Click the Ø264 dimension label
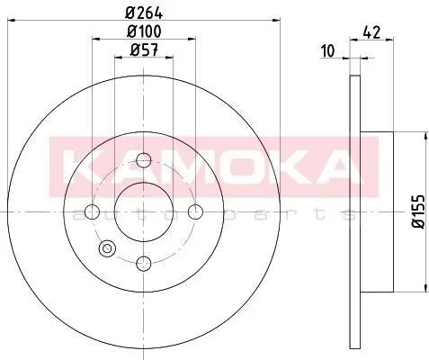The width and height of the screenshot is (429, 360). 144,13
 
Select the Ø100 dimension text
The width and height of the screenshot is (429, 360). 144,31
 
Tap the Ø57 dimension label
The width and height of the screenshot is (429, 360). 144,49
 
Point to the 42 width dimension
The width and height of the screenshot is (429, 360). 371,31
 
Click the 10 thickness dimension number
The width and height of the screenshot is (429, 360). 327,50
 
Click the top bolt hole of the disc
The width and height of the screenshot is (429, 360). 144,160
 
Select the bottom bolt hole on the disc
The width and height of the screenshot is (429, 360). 144,264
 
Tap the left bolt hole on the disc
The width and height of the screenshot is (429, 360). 92,212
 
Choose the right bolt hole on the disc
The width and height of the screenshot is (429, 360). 195,212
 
